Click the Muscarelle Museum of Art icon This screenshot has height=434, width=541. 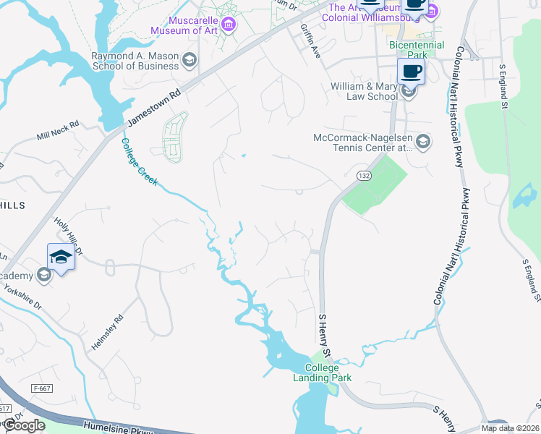[229, 26]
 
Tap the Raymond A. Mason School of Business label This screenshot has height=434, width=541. [135, 60]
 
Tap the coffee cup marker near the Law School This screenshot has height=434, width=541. [411, 72]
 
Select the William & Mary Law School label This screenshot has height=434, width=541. [364, 91]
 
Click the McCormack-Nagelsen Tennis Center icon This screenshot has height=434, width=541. [423, 142]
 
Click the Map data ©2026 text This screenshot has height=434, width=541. [510, 428]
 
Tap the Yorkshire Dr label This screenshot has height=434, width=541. [24, 295]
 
